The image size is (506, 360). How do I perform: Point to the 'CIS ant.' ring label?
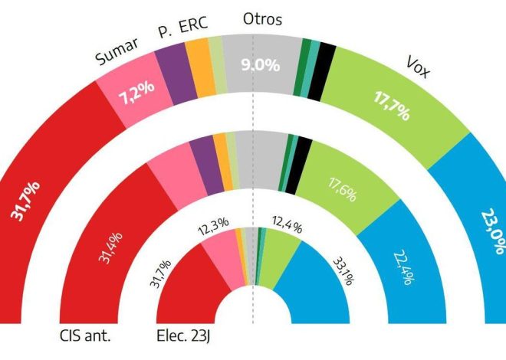point(84,334)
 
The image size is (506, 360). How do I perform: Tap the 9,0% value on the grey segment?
point(261,66)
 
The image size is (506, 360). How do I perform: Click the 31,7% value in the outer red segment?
point(28,201)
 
